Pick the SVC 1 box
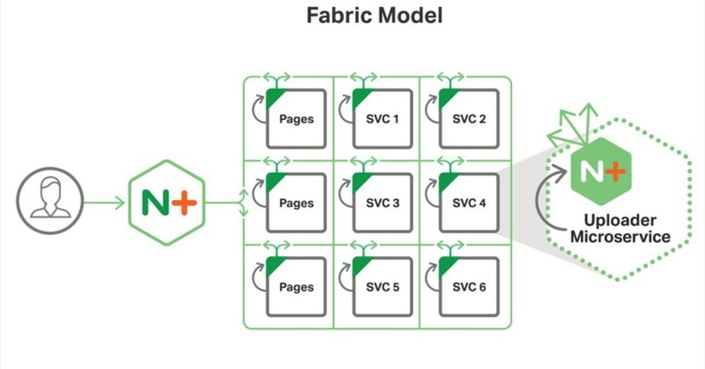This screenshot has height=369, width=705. coord(380,118)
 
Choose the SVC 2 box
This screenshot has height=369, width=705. coord(466,118)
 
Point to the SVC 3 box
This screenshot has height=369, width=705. coord(380,203)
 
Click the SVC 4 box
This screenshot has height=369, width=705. coord(466,203)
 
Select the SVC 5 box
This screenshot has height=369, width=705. coord(380,287)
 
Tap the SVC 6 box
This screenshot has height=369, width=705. coord(466,287)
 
